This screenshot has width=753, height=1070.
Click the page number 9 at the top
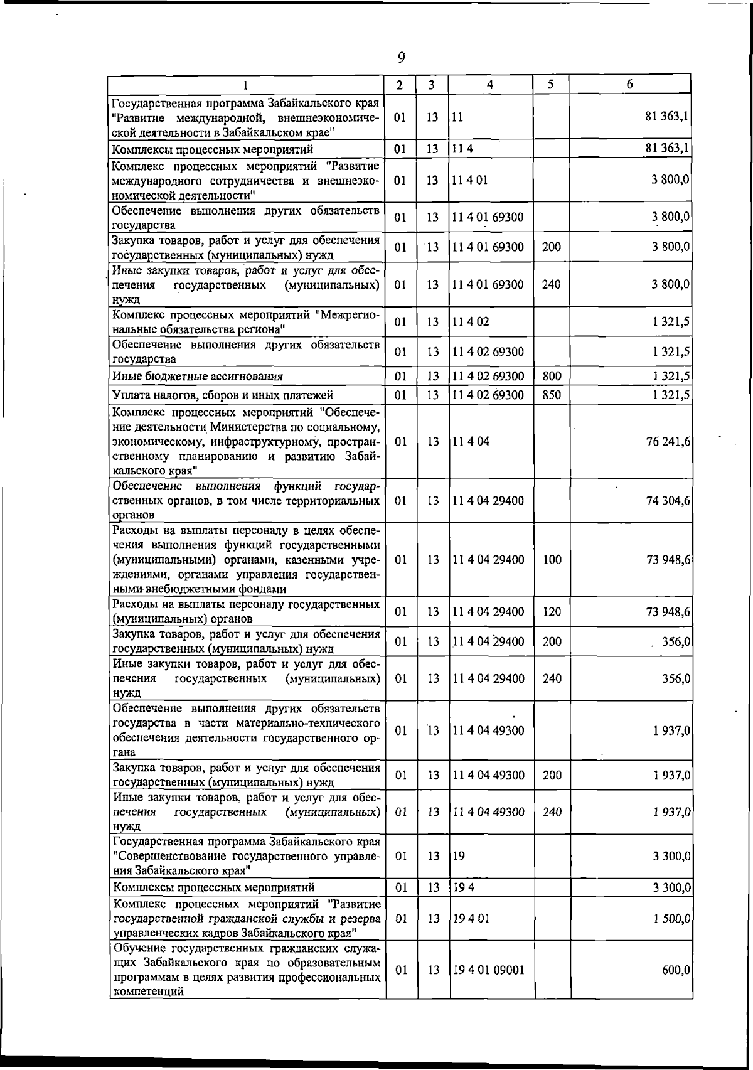[402, 57]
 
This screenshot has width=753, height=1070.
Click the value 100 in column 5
[552, 560]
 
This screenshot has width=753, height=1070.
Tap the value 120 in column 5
[552, 612]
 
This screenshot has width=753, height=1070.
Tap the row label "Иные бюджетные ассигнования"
[197, 377]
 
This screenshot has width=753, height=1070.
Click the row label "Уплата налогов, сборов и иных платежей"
[222, 395]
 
